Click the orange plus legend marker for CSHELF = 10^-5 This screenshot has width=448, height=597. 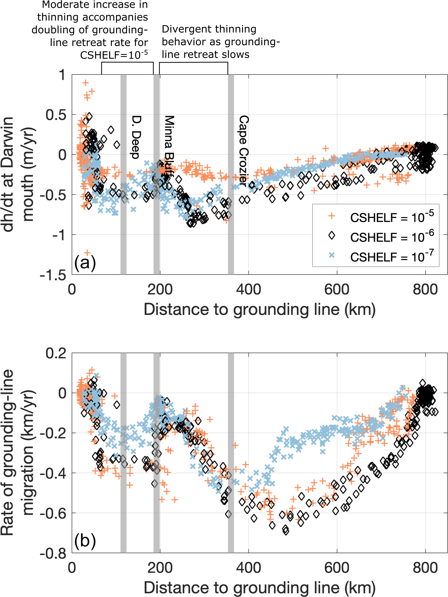tap(331, 216)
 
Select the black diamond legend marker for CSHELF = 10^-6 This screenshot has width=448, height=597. tap(331, 236)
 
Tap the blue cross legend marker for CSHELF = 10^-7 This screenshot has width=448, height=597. tap(331, 255)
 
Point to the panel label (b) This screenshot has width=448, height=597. tap(85, 540)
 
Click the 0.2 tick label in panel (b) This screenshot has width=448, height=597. tap(56, 353)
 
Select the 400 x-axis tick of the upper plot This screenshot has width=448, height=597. tap(248, 290)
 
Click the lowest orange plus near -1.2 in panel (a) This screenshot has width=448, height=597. tap(87, 253)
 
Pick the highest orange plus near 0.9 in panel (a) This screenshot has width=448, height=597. tap(86, 83)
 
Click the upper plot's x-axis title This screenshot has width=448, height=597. tap(260, 309)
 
